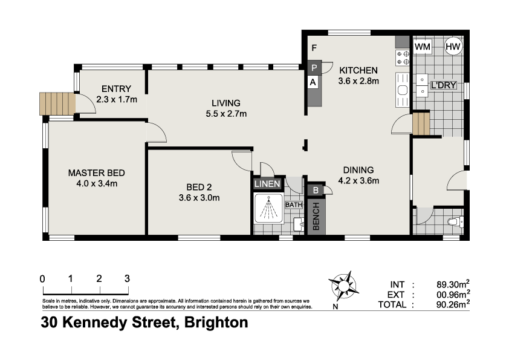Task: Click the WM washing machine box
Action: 423,46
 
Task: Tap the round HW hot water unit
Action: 453,46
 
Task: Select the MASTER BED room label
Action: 97,172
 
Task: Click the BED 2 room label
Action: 199,187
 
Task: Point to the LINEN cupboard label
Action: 267,184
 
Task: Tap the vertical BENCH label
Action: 316,217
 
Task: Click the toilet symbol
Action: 454,222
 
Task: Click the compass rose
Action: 344,285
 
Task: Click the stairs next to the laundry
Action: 420,123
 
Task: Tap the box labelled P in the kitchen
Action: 314,68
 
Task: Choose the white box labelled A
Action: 314,82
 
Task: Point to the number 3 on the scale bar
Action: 127,279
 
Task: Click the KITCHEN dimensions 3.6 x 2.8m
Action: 358,81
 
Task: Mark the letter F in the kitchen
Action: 314,48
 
